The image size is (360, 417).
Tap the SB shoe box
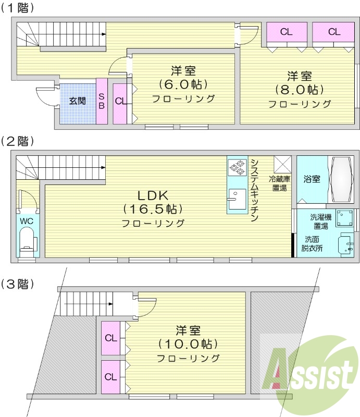click(102, 101)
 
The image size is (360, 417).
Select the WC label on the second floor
click(26, 220)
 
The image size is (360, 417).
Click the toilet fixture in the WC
click(26, 242)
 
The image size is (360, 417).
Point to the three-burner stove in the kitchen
click(236, 166)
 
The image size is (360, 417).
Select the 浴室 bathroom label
click(312, 179)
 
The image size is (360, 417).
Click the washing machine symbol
click(344, 217)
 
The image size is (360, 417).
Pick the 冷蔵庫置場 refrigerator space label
click(280, 183)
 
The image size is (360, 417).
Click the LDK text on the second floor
click(152, 195)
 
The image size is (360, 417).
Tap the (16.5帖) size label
click(152, 210)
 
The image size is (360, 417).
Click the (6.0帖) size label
click(183, 84)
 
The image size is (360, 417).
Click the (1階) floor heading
click(18, 8)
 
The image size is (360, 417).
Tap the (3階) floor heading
click(18, 284)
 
